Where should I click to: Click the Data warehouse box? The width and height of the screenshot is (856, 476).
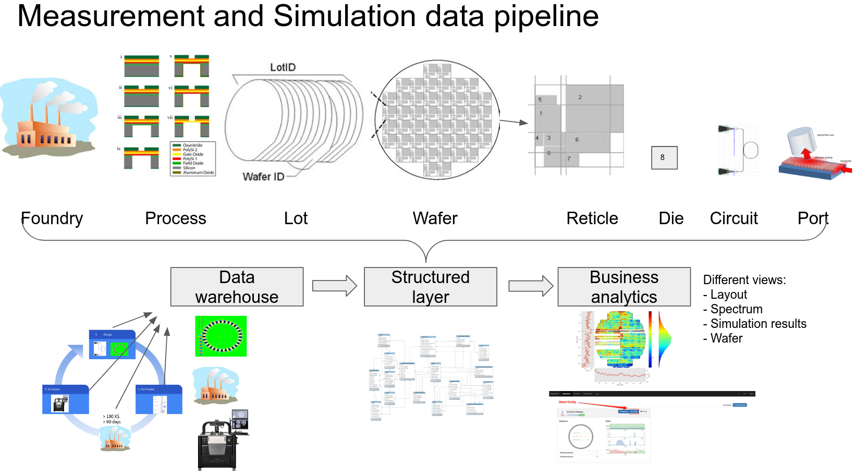(x=237, y=287)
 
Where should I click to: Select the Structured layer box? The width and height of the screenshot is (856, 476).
(x=430, y=287)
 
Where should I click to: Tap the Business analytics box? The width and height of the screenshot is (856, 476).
(x=624, y=287)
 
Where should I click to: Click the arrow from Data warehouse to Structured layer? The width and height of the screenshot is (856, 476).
(x=334, y=286)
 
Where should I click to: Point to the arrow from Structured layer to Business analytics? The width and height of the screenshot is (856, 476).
(x=530, y=286)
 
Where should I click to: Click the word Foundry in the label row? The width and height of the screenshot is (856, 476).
(x=52, y=218)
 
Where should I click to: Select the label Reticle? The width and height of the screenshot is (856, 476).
(x=592, y=218)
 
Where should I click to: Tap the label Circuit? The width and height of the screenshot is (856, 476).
(x=733, y=218)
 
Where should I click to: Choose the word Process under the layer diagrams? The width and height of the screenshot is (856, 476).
(x=176, y=218)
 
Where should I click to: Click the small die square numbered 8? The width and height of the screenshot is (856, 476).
(x=664, y=157)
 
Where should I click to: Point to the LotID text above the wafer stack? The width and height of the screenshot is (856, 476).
(x=283, y=67)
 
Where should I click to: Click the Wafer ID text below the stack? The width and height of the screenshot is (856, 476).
(x=263, y=177)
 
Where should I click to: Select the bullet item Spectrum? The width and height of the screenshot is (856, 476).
(x=736, y=309)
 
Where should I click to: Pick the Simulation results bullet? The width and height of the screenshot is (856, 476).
(x=758, y=324)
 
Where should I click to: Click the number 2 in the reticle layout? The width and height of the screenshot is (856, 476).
(x=580, y=97)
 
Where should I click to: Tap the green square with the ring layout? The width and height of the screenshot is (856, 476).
(x=221, y=336)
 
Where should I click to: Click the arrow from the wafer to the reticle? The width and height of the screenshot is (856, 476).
(x=514, y=122)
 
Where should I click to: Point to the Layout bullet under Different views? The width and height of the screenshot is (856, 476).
(x=728, y=295)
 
